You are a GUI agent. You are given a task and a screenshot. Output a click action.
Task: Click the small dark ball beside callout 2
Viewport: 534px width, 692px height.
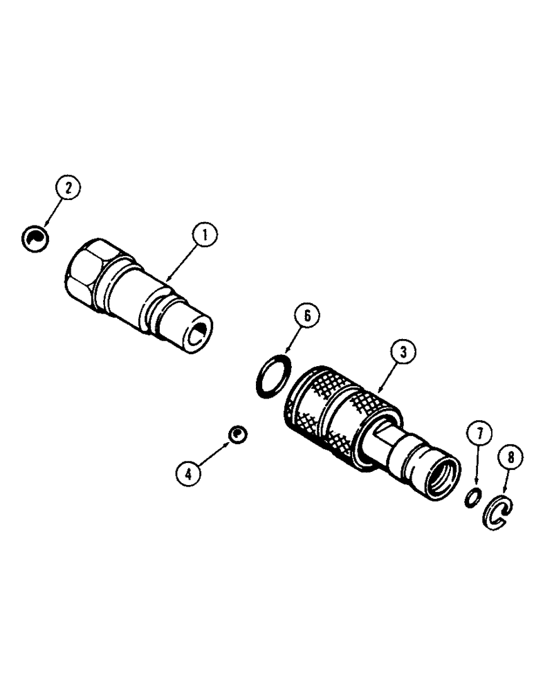34,238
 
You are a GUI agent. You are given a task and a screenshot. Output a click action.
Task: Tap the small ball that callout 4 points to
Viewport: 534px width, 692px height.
237,435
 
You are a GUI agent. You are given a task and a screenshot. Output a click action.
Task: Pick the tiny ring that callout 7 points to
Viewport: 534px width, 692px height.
472,497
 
